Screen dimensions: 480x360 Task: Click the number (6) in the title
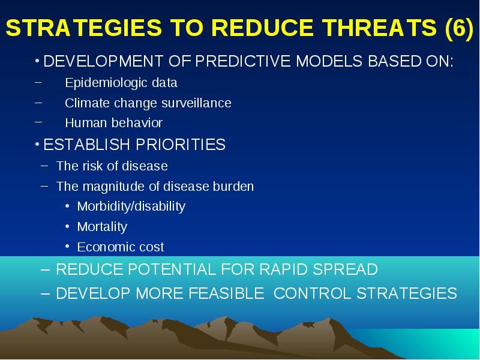pos(460,28)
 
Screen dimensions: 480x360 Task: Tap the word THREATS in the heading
pos(379,28)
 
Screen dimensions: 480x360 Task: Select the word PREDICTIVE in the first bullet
pos(243,61)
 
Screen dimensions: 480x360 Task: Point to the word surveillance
pos(196,103)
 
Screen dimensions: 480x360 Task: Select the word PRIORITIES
pos(181,145)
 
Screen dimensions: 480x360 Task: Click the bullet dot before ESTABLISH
pos(37,144)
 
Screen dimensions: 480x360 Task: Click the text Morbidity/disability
pos(131,206)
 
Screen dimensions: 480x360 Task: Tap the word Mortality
pos(102,227)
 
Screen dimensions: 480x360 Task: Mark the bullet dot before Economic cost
pos(67,246)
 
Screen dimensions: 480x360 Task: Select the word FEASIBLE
pos(226,293)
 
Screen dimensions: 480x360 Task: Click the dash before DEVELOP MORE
pos(46,294)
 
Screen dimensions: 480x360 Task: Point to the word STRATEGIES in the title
pos(83,28)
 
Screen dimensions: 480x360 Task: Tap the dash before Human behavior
pos(38,122)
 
